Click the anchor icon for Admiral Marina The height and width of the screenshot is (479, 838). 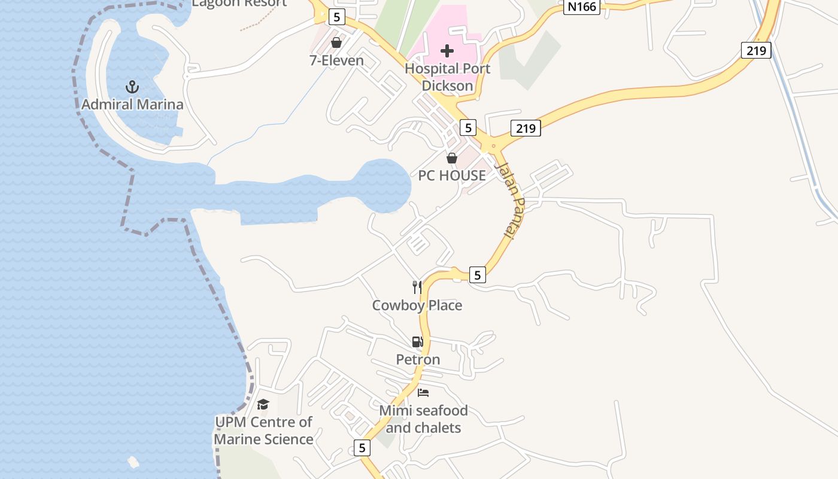pos(132,87)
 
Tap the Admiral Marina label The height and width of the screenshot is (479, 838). pos(132,105)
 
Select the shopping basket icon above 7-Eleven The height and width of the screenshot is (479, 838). pos(336,43)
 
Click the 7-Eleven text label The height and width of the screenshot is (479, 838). pos(336,60)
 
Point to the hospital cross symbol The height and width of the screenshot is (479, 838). pos(447,51)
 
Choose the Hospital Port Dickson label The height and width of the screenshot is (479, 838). pos(447,77)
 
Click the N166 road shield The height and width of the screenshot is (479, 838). pos(582,7)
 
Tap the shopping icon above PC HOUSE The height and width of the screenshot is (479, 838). pos(452,158)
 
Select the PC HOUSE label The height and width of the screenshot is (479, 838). pos(452,175)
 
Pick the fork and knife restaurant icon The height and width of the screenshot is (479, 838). pos(417,287)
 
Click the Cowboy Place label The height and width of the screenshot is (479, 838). pos(417,305)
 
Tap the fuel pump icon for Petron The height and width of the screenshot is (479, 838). pos(417,342)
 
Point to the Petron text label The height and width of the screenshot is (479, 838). pos(418,359)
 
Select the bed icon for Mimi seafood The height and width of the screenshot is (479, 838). pos(423,393)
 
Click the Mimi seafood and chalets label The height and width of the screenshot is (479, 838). pos(423,419)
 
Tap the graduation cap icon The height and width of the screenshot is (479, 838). pos(263,404)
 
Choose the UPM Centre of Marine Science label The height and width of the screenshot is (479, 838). pos(263,431)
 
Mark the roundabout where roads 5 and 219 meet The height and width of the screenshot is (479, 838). pos(493,145)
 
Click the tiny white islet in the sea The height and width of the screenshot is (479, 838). pos(133,462)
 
